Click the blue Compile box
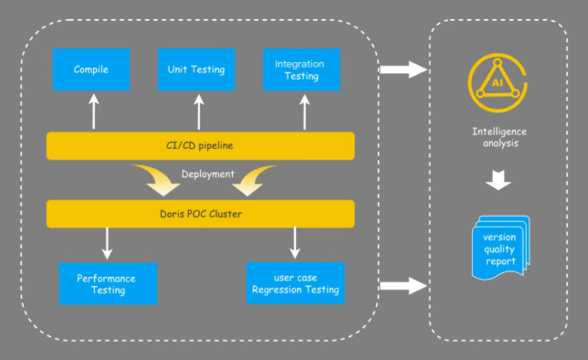pyautogui.click(x=91, y=69)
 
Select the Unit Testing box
pyautogui.click(x=196, y=69)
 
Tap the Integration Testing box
pyautogui.click(x=302, y=69)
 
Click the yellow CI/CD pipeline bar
pyautogui.click(x=200, y=145)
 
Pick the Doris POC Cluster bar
pyautogui.click(x=200, y=214)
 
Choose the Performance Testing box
pyautogui.click(x=107, y=283)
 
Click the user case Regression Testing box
pyautogui.click(x=295, y=283)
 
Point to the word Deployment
pyautogui.click(x=208, y=174)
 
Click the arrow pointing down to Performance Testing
pyautogui.click(x=108, y=243)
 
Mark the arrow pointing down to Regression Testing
pyautogui.click(x=294, y=243)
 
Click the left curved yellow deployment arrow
pyautogui.click(x=155, y=181)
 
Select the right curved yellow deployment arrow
pyautogui.click(x=254, y=181)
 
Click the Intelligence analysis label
pyautogui.click(x=499, y=137)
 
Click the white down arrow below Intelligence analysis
pyautogui.click(x=499, y=180)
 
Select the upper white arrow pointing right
pyautogui.click(x=403, y=69)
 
